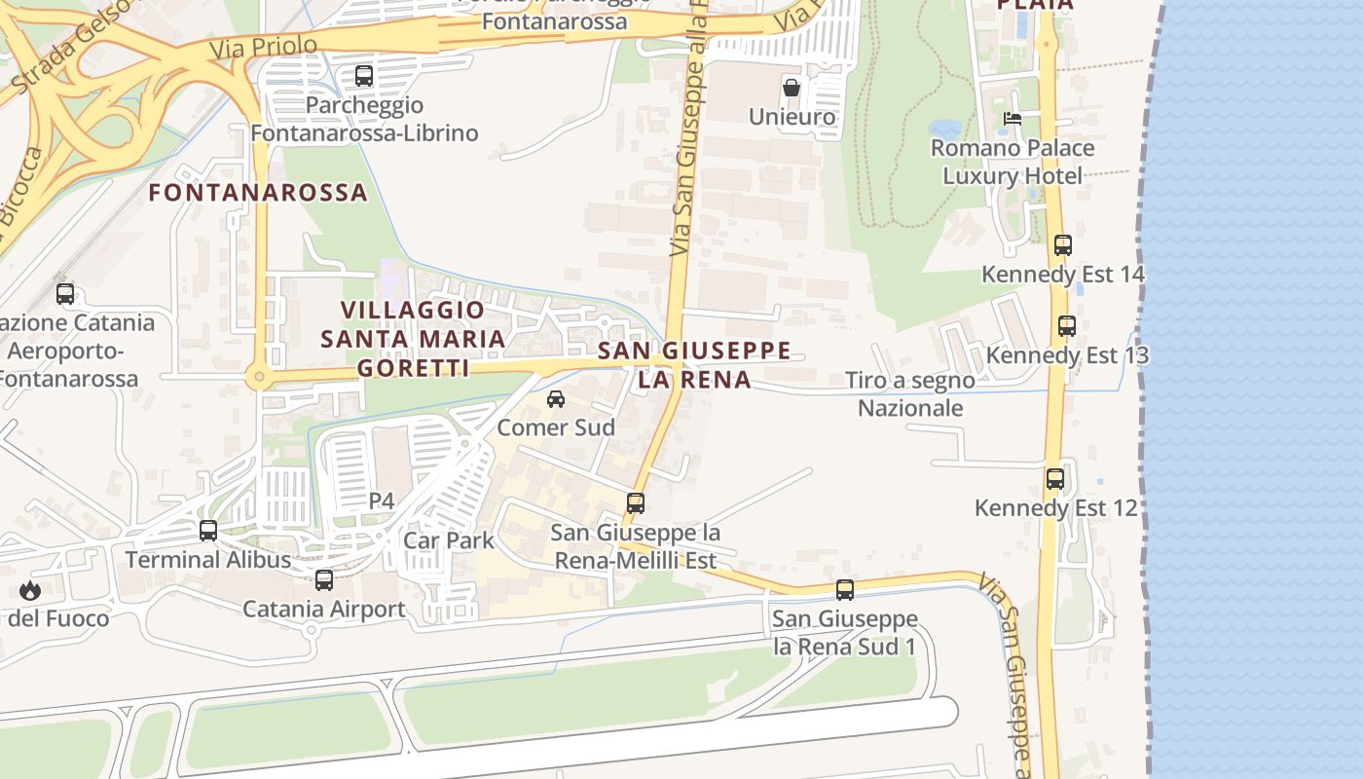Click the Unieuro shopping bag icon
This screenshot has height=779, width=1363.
(x=792, y=88)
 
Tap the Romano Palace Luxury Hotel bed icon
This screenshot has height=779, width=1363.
(x=1013, y=119)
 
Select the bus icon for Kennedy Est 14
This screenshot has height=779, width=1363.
(x=1063, y=245)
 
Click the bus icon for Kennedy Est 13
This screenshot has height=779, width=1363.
(x=1067, y=326)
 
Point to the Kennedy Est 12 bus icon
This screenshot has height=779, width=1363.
(x=1055, y=479)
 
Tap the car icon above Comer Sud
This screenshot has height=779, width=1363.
(x=556, y=399)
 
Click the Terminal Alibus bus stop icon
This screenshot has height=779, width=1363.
(x=208, y=531)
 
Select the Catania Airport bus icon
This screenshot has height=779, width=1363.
(x=324, y=580)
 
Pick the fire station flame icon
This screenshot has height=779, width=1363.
(x=30, y=590)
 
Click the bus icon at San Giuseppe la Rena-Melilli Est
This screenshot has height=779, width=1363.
(x=636, y=503)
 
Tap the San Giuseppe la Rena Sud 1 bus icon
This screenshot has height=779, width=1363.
(x=845, y=590)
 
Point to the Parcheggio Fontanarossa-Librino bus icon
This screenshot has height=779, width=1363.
(x=364, y=76)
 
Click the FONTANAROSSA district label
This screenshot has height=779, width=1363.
(x=258, y=193)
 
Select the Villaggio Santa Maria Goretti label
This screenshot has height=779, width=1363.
(x=414, y=339)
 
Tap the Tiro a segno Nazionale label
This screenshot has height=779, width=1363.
(x=910, y=394)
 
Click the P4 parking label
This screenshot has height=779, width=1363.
(x=382, y=501)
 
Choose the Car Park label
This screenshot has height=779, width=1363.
(x=449, y=540)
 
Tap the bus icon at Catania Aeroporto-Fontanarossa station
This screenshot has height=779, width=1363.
(x=65, y=294)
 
